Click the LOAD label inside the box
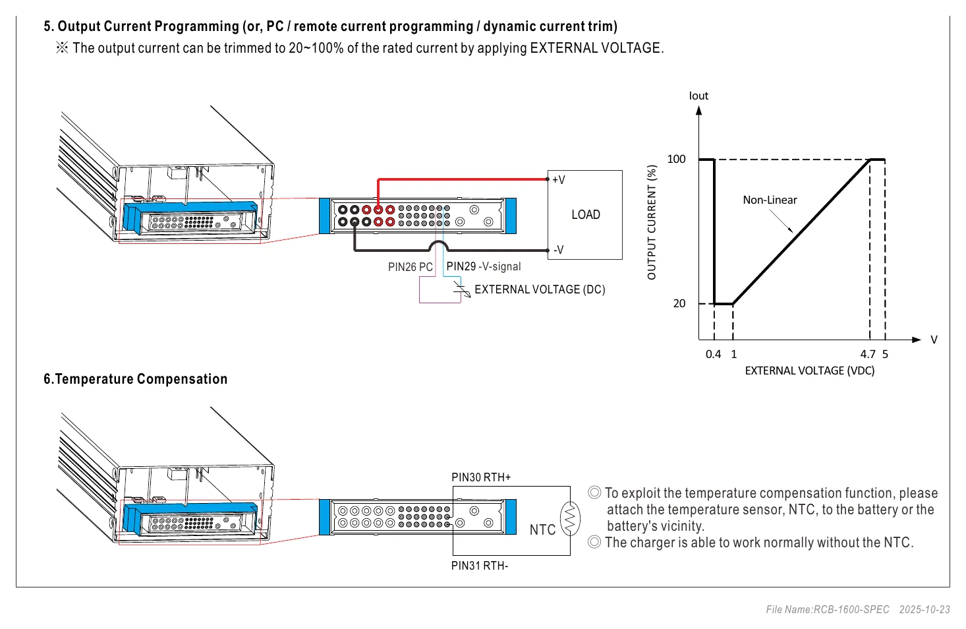[586, 214]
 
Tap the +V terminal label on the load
[559, 180]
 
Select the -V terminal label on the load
[559, 250]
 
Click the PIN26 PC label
[410, 267]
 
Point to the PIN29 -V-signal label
[484, 266]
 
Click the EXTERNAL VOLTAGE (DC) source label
[540, 289]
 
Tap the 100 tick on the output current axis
[676, 159]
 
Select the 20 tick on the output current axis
[679, 304]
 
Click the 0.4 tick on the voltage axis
[713, 354]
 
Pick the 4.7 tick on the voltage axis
[868, 354]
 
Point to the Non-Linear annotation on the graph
[770, 200]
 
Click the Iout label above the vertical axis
[698, 96]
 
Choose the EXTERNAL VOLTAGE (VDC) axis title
[809, 371]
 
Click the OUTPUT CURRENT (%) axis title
[652, 222]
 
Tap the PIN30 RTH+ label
[481, 477]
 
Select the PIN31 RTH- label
[480, 566]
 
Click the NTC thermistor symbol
[570, 518]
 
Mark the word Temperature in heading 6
[94, 378]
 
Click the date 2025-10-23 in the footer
[924, 610]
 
